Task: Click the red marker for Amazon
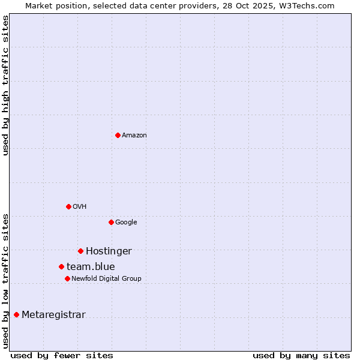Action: [118, 135]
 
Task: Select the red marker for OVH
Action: [68, 206]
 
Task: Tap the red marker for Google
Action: [111, 222]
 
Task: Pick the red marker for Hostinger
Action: [80, 251]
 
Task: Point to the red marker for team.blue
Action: [61, 266]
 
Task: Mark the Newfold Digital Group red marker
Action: [67, 278]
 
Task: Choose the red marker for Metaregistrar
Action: [16, 314]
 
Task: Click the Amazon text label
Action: [134, 136]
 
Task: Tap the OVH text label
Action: [80, 207]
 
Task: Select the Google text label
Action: [126, 223]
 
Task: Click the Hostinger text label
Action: [109, 251]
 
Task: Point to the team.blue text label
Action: [91, 267]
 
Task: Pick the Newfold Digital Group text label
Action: [106, 279]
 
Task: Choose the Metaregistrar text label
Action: [53, 315]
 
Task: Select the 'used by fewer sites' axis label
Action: [62, 355]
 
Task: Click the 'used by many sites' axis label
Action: [301, 355]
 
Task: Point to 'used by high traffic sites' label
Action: [5, 85]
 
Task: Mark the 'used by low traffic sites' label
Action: [5, 280]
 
